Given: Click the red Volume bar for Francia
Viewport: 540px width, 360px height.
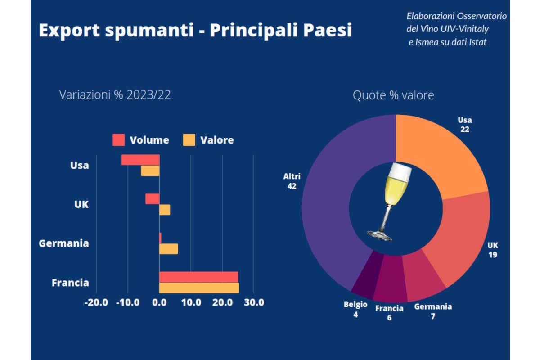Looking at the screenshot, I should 198,277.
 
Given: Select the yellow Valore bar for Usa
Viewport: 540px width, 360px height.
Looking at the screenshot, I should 150,171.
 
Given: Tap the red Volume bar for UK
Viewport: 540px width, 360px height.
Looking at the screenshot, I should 152,199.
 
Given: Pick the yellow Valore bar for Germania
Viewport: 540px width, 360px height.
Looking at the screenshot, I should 169,249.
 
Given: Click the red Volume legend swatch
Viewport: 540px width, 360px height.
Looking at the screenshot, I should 118,140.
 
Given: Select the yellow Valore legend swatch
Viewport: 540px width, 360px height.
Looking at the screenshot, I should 189,140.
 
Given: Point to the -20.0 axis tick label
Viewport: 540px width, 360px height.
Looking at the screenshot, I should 96,302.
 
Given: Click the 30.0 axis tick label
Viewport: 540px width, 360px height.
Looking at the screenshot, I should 254,302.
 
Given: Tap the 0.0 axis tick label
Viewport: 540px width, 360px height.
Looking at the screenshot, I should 159,302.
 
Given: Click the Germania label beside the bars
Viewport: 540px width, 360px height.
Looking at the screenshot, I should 64,243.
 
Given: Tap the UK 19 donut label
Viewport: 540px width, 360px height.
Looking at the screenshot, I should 493,250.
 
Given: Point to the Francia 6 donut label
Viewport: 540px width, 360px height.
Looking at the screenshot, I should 389,313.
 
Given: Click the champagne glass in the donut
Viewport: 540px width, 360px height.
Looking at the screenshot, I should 391,200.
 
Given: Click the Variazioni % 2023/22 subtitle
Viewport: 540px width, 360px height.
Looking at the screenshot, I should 115,95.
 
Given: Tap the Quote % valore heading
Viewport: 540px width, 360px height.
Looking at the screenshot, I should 393,95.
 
